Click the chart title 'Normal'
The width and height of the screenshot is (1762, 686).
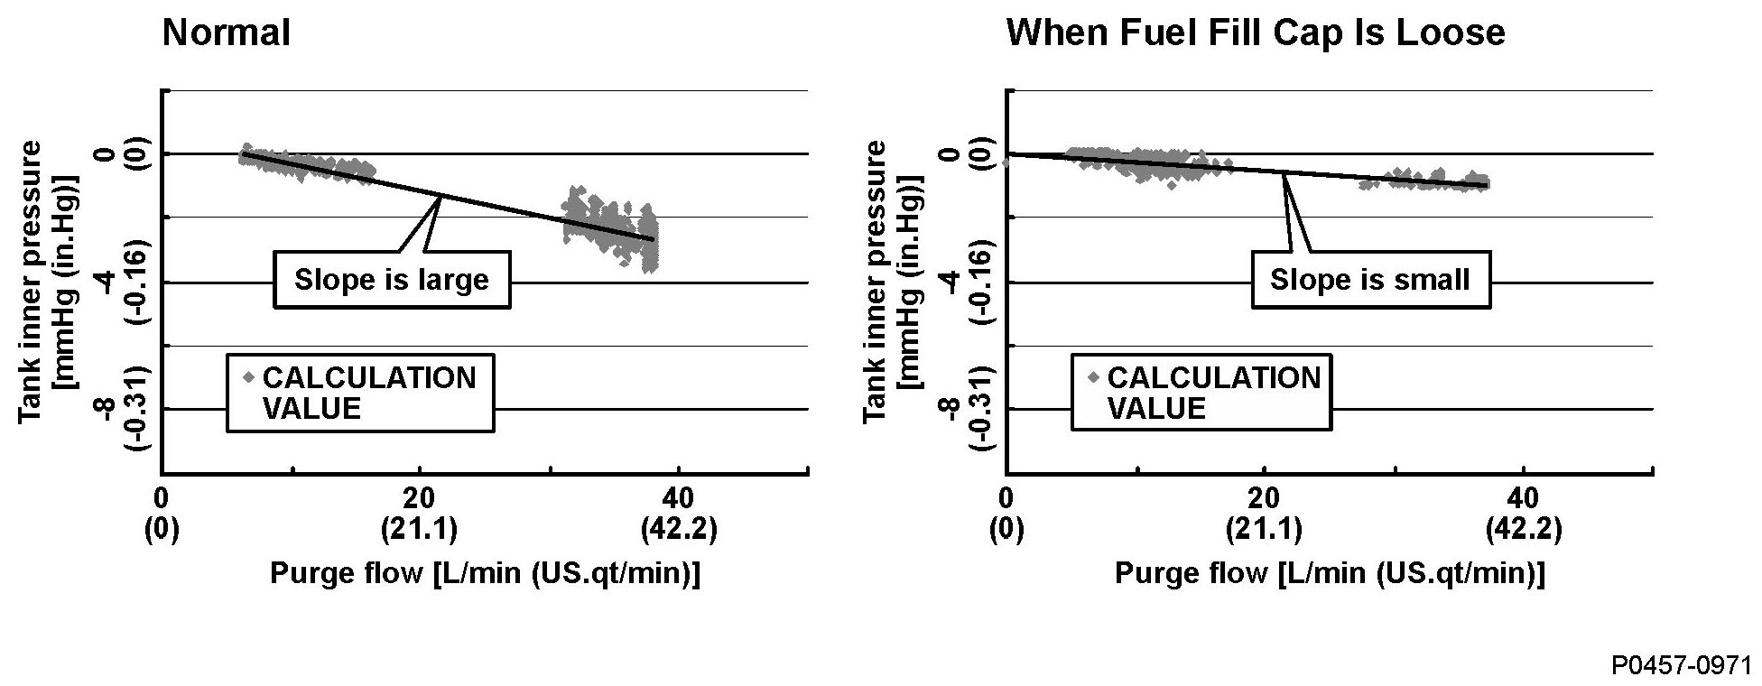pos(226,33)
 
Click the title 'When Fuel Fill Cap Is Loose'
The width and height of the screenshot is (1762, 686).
pos(1255,33)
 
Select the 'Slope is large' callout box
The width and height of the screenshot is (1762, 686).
pos(392,280)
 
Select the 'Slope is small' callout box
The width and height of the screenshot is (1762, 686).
pos(1370,280)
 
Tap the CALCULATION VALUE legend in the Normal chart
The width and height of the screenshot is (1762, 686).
pos(360,393)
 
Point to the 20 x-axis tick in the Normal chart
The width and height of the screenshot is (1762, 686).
pos(419,498)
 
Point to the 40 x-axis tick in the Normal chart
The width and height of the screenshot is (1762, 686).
pos(678,498)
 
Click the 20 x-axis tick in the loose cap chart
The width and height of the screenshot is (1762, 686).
pos(1264,498)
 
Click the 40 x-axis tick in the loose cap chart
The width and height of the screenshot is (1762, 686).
pos(1524,498)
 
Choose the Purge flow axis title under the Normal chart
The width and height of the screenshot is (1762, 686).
pos(485,574)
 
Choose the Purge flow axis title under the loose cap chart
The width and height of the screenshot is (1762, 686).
pos(1330,574)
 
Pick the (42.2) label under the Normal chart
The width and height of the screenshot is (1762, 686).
pos(678,530)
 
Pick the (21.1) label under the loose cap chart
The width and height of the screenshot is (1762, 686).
pos(1264,530)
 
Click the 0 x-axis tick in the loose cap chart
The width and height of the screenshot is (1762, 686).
pos(1006,498)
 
